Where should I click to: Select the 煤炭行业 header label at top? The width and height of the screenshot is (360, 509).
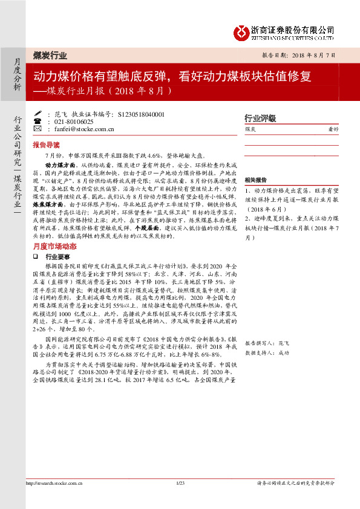[50, 55]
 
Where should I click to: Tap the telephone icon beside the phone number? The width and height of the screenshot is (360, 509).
[39, 121]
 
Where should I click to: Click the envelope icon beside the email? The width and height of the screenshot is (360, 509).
[39, 129]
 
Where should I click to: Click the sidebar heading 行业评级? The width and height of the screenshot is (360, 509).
[260, 118]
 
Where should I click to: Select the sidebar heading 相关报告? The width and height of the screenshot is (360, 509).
[256, 180]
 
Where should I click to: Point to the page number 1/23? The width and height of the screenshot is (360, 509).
[180, 499]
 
